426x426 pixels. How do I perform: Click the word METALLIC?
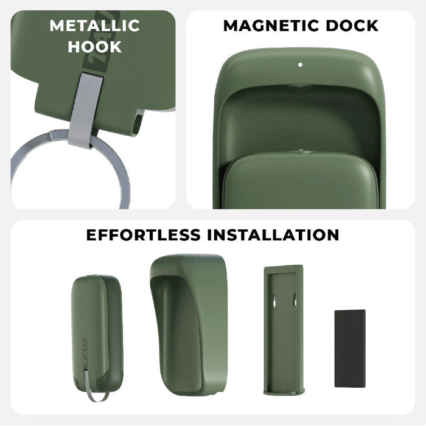[x=94, y=26]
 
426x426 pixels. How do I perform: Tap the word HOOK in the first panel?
[x=94, y=47]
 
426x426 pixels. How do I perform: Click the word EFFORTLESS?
[x=144, y=235]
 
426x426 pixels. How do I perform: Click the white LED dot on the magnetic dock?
[x=300, y=63]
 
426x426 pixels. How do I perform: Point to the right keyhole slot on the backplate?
[x=295, y=301]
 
